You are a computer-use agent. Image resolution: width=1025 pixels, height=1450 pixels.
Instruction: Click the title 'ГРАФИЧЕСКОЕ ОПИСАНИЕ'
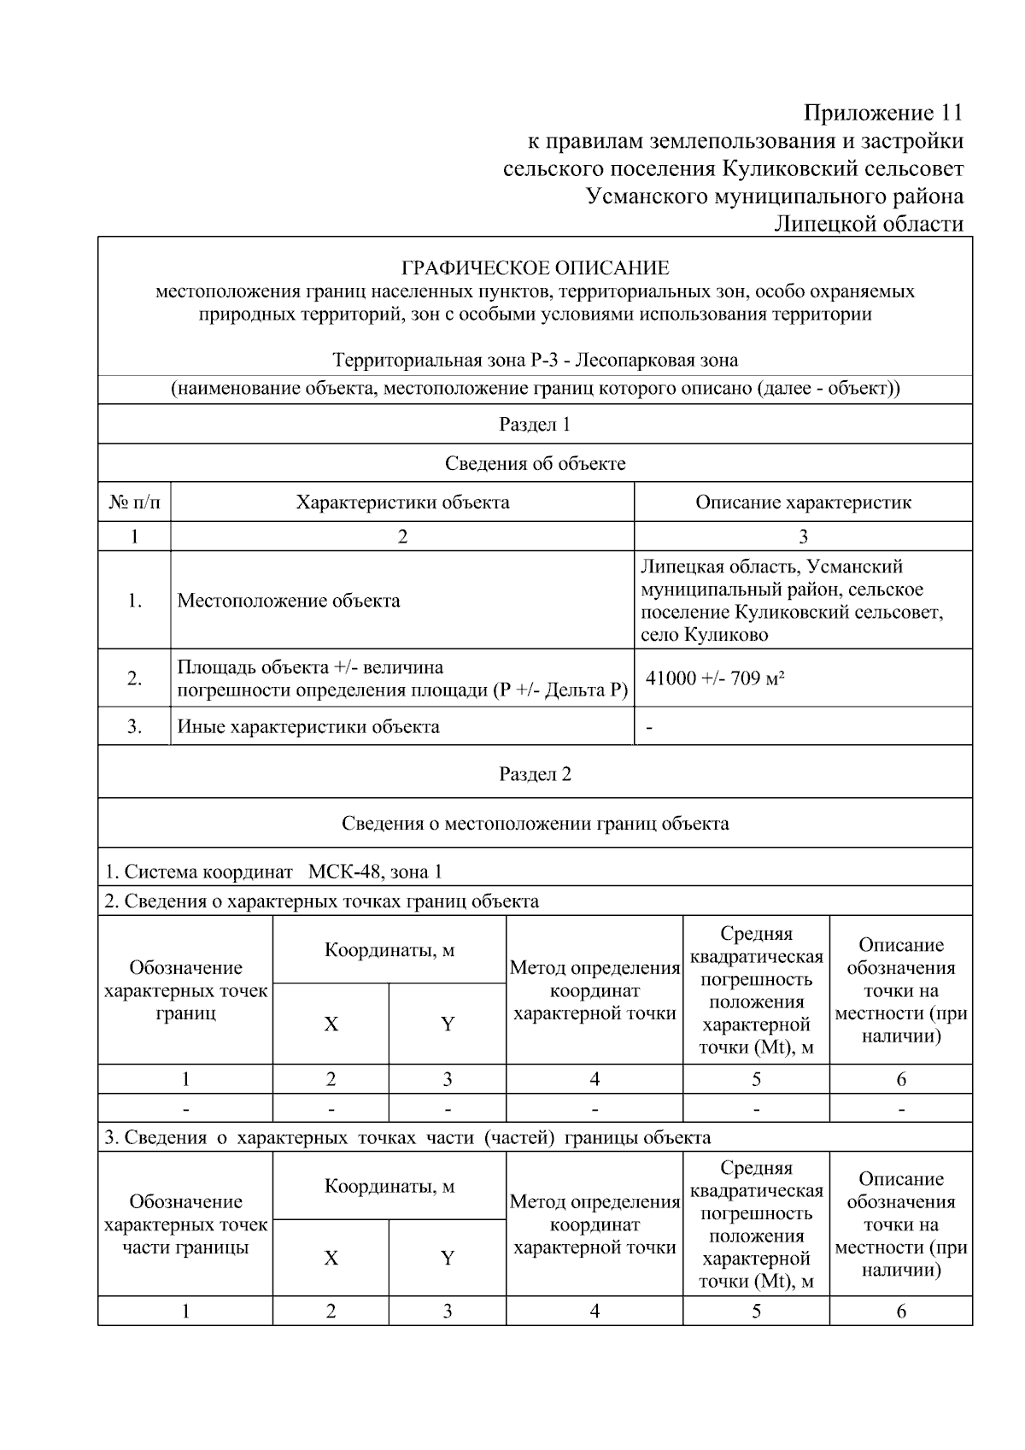coord(535,268)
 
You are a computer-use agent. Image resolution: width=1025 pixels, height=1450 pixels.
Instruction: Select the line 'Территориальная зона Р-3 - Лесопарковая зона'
coord(535,361)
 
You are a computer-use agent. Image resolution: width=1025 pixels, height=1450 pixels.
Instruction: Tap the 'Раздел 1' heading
coord(535,425)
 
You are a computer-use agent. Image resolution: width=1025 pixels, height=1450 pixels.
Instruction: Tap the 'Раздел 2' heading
coord(535,774)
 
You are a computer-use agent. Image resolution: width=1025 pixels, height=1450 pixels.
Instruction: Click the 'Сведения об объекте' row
coord(535,463)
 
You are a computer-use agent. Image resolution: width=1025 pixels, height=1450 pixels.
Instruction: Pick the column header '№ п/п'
coord(134,502)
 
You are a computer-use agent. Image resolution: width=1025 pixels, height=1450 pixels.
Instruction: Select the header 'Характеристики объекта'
coord(402,502)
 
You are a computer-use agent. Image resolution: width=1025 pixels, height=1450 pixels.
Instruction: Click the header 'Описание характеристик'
coord(803,502)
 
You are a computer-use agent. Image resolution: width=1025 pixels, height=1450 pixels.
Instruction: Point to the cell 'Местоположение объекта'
coord(289,601)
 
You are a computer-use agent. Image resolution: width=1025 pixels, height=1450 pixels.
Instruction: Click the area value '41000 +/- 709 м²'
coord(715,679)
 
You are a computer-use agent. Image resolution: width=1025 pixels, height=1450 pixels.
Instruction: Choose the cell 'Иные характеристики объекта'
coord(308,727)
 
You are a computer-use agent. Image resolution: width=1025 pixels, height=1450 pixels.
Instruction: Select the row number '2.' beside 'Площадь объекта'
coord(134,678)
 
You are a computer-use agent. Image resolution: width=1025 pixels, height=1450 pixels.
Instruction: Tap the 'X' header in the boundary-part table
coord(331,1258)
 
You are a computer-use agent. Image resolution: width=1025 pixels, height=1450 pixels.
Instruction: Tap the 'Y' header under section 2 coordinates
coord(447,1024)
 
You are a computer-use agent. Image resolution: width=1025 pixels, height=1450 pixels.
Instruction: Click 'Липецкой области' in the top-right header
coord(869,225)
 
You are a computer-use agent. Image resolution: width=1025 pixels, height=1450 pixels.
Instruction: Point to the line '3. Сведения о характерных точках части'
coord(407,1137)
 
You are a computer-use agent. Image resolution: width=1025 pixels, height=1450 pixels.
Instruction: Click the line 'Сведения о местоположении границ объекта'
coord(535,824)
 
